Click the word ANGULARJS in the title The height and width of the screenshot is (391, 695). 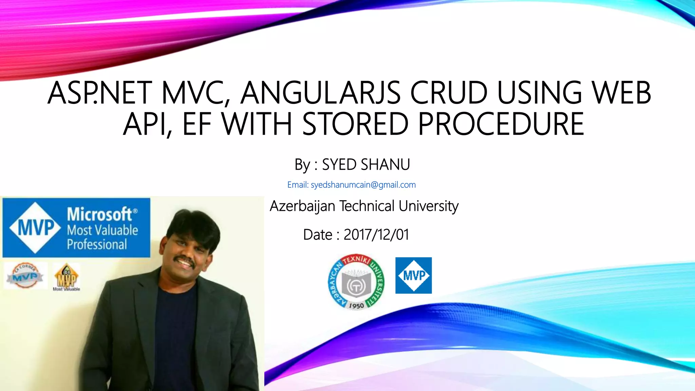pos(320,93)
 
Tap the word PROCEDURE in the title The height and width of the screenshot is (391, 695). pos(501,124)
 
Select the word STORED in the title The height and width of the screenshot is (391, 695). pos(355,124)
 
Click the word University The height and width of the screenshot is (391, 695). pos(429,206)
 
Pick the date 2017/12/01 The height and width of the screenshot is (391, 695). pos(376,235)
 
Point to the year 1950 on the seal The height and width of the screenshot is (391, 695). pos(356,305)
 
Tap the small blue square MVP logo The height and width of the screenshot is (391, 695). pos(413,275)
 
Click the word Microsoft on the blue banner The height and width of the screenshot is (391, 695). pos(99,215)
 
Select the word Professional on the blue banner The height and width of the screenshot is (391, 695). pos(97,244)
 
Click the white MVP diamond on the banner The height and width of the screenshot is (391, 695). pos(35,227)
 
